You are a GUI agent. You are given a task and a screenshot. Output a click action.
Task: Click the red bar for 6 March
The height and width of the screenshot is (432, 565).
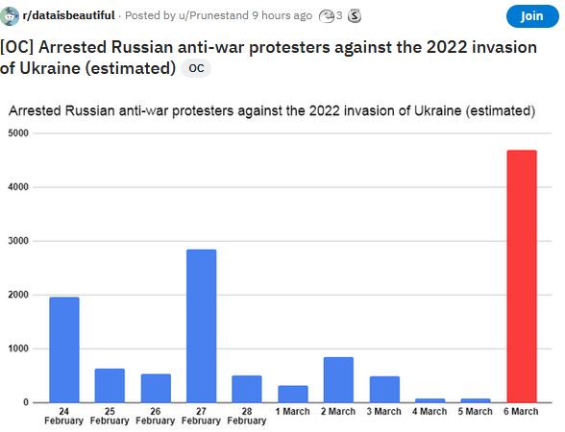click(x=521, y=276)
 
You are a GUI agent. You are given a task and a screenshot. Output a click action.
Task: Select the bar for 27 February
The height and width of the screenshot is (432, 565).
click(x=201, y=325)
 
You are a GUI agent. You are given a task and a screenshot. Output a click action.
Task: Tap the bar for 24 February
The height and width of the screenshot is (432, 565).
click(x=63, y=349)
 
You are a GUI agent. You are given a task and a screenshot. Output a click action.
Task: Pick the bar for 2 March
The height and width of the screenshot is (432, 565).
click(x=338, y=379)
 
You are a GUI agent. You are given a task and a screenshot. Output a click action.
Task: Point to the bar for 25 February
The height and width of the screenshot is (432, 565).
click(x=110, y=385)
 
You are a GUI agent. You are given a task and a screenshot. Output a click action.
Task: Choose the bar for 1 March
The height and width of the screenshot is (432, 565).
click(x=292, y=394)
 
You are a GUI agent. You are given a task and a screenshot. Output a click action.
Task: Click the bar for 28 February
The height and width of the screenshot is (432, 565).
click(x=247, y=389)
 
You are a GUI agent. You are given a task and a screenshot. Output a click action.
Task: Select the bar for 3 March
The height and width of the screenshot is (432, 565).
click(x=383, y=389)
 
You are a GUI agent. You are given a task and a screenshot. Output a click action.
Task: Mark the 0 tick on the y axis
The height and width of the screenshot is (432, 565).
click(x=27, y=402)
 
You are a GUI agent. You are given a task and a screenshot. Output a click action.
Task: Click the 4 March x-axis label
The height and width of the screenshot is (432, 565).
click(x=430, y=412)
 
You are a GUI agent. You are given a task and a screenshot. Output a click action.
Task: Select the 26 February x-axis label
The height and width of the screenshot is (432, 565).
click(x=155, y=416)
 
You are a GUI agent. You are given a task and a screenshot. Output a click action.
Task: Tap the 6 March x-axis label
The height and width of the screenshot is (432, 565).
click(x=521, y=412)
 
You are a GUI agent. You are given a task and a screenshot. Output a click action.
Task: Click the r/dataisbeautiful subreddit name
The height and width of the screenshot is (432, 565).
click(x=68, y=15)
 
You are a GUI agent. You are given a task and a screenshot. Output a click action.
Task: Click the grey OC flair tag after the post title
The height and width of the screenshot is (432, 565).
click(x=195, y=68)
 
